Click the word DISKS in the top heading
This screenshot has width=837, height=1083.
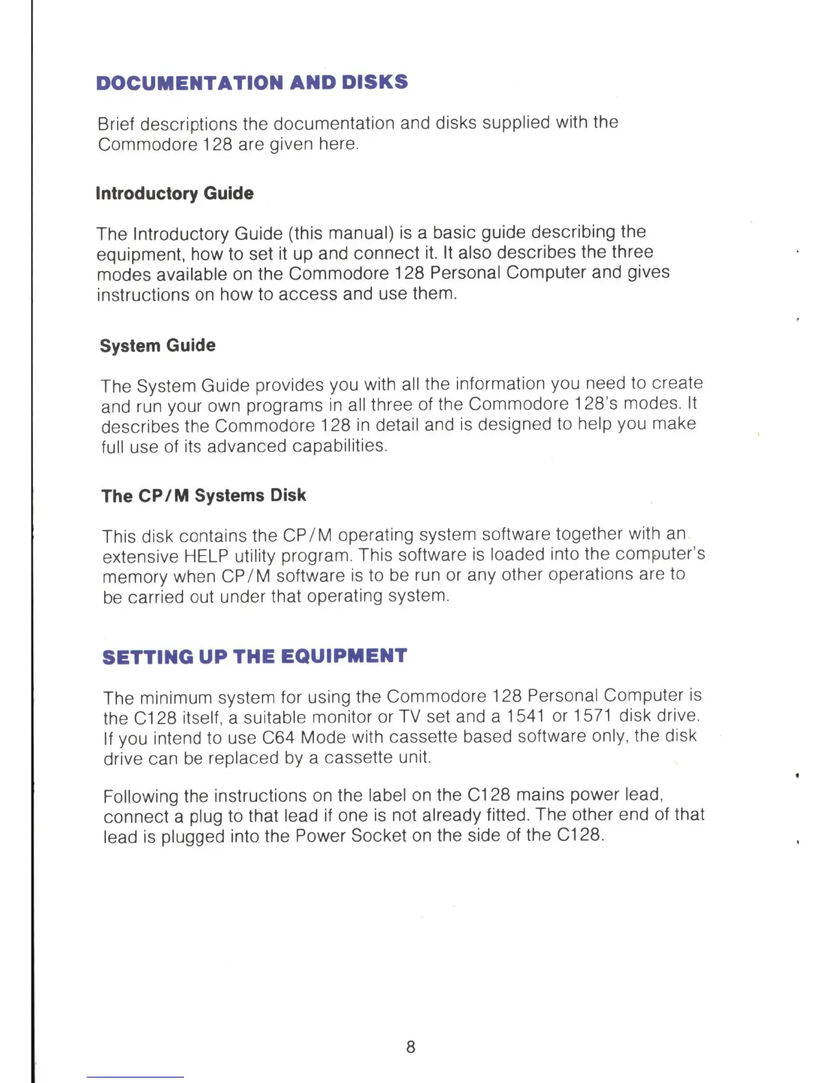(375, 82)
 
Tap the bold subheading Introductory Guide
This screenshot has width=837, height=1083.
(174, 193)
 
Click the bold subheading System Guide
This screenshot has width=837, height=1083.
(157, 345)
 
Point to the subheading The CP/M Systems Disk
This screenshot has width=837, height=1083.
(204, 496)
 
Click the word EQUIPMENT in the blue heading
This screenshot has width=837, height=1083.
(344, 656)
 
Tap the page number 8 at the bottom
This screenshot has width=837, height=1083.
(410, 1047)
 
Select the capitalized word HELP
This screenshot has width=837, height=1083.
(207, 556)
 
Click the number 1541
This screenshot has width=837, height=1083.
(525, 716)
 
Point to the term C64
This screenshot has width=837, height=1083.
(278, 737)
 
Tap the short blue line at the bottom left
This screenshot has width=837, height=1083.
(135, 1078)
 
